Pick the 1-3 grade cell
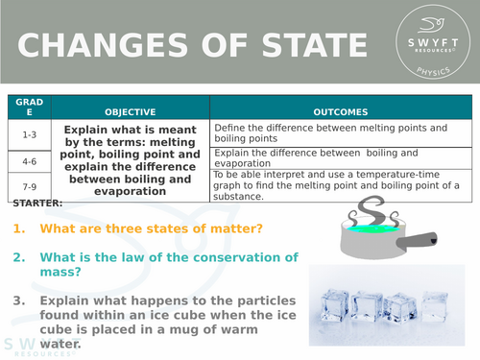tap(30, 134)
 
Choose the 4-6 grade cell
tap(30, 160)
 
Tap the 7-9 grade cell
tap(30, 185)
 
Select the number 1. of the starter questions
tap(20, 228)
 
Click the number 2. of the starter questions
tap(20, 257)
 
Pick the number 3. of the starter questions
tap(20, 300)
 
